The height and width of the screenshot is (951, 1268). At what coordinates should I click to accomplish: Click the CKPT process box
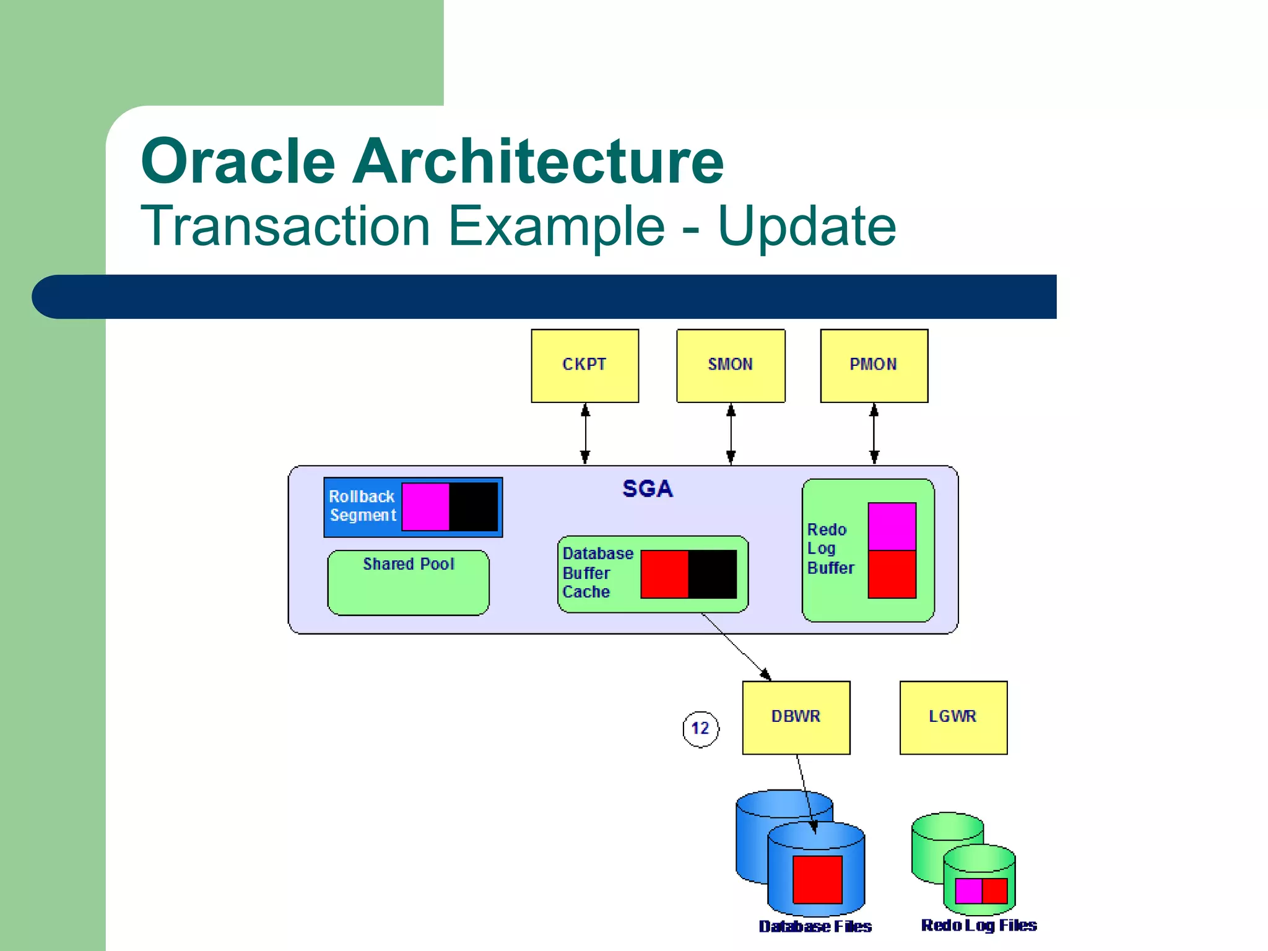(x=584, y=365)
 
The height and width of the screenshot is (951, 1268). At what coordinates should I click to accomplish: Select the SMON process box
(x=731, y=365)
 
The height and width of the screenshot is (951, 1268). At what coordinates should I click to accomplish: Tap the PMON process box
(x=874, y=365)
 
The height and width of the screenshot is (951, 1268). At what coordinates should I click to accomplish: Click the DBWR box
(x=796, y=717)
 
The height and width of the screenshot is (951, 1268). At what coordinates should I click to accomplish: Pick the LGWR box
(x=953, y=717)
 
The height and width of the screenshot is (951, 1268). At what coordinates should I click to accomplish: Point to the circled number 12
(x=700, y=729)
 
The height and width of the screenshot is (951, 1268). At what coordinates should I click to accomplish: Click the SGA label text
(x=647, y=489)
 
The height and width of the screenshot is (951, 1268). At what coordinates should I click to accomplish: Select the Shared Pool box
(x=408, y=583)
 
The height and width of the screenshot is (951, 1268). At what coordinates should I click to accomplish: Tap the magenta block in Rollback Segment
(x=425, y=506)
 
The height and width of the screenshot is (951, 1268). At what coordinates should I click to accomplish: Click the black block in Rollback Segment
(x=473, y=506)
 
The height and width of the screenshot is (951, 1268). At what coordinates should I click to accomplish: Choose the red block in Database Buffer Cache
(x=664, y=574)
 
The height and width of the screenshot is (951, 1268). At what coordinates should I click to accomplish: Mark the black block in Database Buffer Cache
(x=712, y=574)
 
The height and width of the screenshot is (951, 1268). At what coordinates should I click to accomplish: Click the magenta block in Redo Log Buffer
(x=892, y=526)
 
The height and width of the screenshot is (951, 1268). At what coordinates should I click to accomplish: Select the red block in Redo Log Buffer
(x=892, y=574)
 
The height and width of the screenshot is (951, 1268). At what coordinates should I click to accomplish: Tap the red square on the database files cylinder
(x=817, y=879)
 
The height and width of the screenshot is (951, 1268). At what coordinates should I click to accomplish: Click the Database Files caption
(x=815, y=926)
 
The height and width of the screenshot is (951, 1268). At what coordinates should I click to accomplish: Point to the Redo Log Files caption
(x=979, y=925)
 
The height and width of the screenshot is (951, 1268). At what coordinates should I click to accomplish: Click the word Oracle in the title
(x=238, y=162)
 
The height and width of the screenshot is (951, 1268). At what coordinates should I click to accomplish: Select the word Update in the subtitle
(x=806, y=227)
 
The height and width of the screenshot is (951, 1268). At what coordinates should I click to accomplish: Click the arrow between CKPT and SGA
(x=585, y=433)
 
